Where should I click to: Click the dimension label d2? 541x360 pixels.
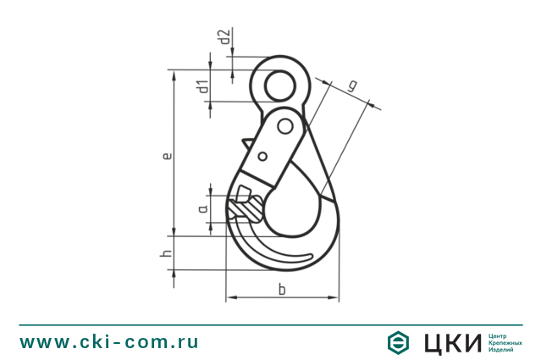[224, 37]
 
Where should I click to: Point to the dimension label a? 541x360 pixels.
[203, 208]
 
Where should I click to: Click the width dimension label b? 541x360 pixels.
[282, 291]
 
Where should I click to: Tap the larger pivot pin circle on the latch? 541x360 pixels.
[285, 127]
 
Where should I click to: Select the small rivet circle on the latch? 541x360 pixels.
[262, 155]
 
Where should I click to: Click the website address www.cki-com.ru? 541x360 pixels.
[110, 341]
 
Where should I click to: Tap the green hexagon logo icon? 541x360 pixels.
[398, 342]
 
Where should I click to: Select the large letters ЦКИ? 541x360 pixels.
[449, 342]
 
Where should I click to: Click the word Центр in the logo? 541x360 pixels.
[500, 335]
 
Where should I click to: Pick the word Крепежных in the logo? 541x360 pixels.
[505, 342]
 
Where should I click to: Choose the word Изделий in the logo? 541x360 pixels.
[502, 349]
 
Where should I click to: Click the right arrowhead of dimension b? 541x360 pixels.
[335, 299]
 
